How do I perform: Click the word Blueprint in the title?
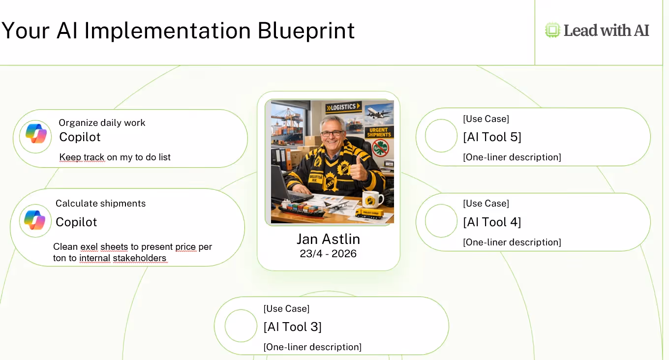coord(306,31)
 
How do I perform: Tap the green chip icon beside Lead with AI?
coord(552,30)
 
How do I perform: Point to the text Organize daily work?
coord(102,122)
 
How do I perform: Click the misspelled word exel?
coord(89,246)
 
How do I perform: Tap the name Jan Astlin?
coord(328,239)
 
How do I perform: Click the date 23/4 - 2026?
coord(328,253)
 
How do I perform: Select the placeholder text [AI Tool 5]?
coord(492,137)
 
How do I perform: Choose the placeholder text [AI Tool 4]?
coord(492,222)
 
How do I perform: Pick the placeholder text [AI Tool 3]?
coord(292,327)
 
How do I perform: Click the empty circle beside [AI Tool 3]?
coord(241,326)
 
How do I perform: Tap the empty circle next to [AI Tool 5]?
coord(441,136)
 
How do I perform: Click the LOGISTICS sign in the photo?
coord(343,107)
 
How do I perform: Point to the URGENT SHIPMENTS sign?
coord(379,132)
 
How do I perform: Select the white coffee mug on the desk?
coord(372,199)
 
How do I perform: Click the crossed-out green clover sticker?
coord(380,148)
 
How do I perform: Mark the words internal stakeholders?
coord(123,258)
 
